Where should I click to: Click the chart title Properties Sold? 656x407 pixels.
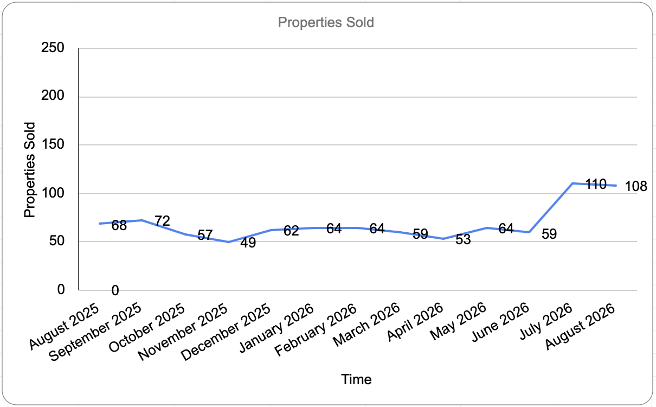coord(326,22)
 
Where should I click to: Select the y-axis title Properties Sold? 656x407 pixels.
coord(30,170)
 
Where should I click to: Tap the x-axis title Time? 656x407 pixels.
coord(356,379)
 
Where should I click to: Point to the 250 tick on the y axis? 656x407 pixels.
coord(53,48)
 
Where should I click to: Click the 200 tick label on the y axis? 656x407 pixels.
coord(53,96)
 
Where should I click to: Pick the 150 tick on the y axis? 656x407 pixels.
coord(53,144)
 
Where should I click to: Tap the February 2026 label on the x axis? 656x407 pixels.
coord(316,329)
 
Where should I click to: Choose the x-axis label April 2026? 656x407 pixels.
coord(415,322)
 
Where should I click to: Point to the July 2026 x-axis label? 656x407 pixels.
coord(546,321)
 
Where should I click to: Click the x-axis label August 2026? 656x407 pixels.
coord(580,326)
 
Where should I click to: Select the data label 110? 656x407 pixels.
coord(596,184)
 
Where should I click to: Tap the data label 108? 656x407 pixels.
coord(636,186)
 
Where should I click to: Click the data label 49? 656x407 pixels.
coord(248,243)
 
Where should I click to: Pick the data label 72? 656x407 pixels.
coord(162,221)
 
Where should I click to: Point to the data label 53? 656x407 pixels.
coord(463,239)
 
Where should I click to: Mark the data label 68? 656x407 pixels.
coord(119,226)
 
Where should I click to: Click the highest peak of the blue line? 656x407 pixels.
coord(573,183)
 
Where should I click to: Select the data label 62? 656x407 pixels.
coord(291,231)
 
